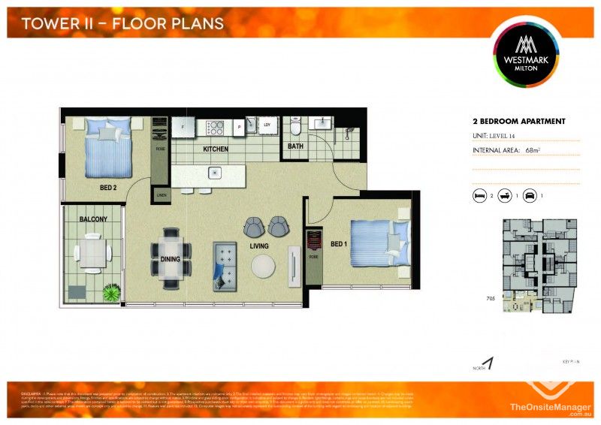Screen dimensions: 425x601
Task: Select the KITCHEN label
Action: click(x=216, y=149)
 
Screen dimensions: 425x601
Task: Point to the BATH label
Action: click(x=295, y=146)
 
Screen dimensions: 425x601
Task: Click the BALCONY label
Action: click(x=93, y=219)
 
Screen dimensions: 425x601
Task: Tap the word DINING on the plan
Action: click(x=171, y=259)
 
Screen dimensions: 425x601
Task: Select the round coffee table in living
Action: click(x=264, y=266)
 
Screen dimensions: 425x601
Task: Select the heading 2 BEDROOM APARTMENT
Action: click(x=518, y=121)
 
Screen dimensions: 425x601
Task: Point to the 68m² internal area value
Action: click(x=533, y=151)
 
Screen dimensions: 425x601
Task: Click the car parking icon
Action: click(x=530, y=195)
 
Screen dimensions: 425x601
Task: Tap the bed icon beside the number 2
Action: click(x=479, y=195)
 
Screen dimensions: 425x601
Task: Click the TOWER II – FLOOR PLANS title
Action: click(x=122, y=23)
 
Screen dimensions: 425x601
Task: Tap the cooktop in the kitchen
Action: click(x=215, y=128)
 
